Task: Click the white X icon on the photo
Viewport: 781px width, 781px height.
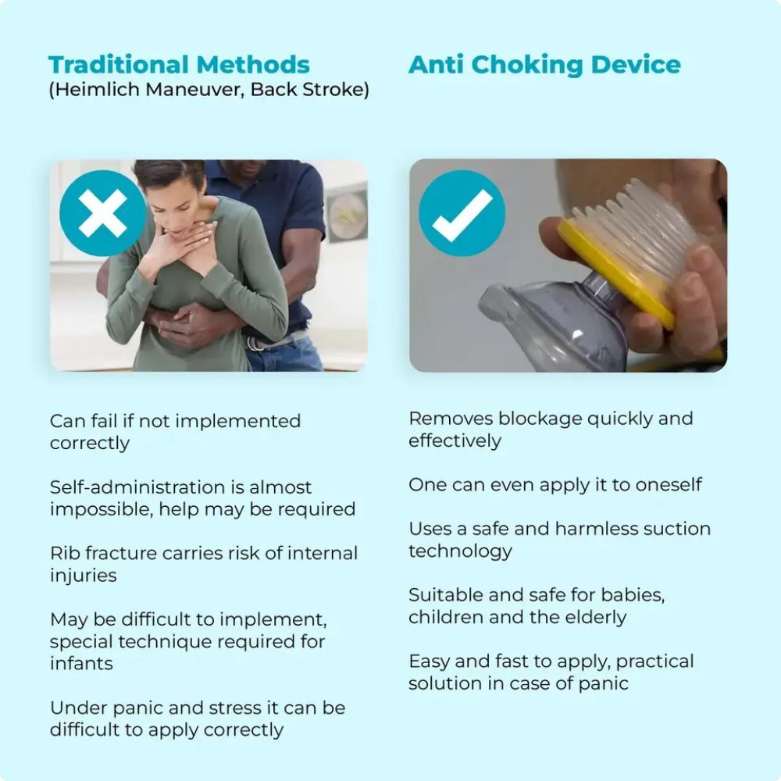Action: pyautogui.click(x=102, y=213)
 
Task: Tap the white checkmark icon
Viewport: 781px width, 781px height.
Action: pyautogui.click(x=462, y=213)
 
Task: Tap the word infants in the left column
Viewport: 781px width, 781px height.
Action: pyautogui.click(x=81, y=664)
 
